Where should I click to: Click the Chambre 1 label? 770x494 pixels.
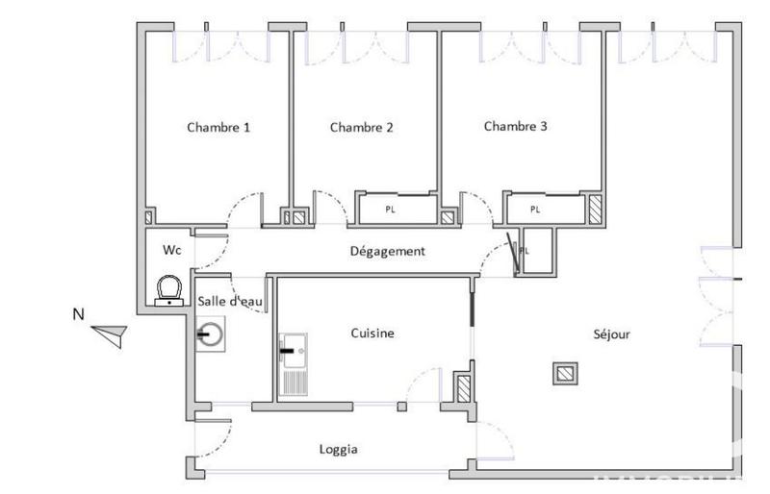click(x=218, y=127)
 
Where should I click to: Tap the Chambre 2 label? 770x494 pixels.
click(x=361, y=127)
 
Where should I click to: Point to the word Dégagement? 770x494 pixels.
click(x=386, y=251)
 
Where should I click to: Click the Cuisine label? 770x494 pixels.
click(x=371, y=333)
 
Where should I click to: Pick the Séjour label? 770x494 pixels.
click(x=611, y=334)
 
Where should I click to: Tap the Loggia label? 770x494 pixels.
click(x=339, y=449)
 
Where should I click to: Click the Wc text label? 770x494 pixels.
click(x=171, y=250)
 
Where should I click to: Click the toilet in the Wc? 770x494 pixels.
click(x=170, y=288)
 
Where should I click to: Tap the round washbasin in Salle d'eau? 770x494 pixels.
click(x=211, y=335)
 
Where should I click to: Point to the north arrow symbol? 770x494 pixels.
click(x=110, y=333)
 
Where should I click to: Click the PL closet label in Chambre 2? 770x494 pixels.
click(x=390, y=209)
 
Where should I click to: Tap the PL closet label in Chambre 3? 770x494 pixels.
click(x=535, y=209)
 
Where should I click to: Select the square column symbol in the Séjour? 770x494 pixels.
click(x=565, y=373)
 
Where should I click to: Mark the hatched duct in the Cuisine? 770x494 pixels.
click(x=463, y=389)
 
